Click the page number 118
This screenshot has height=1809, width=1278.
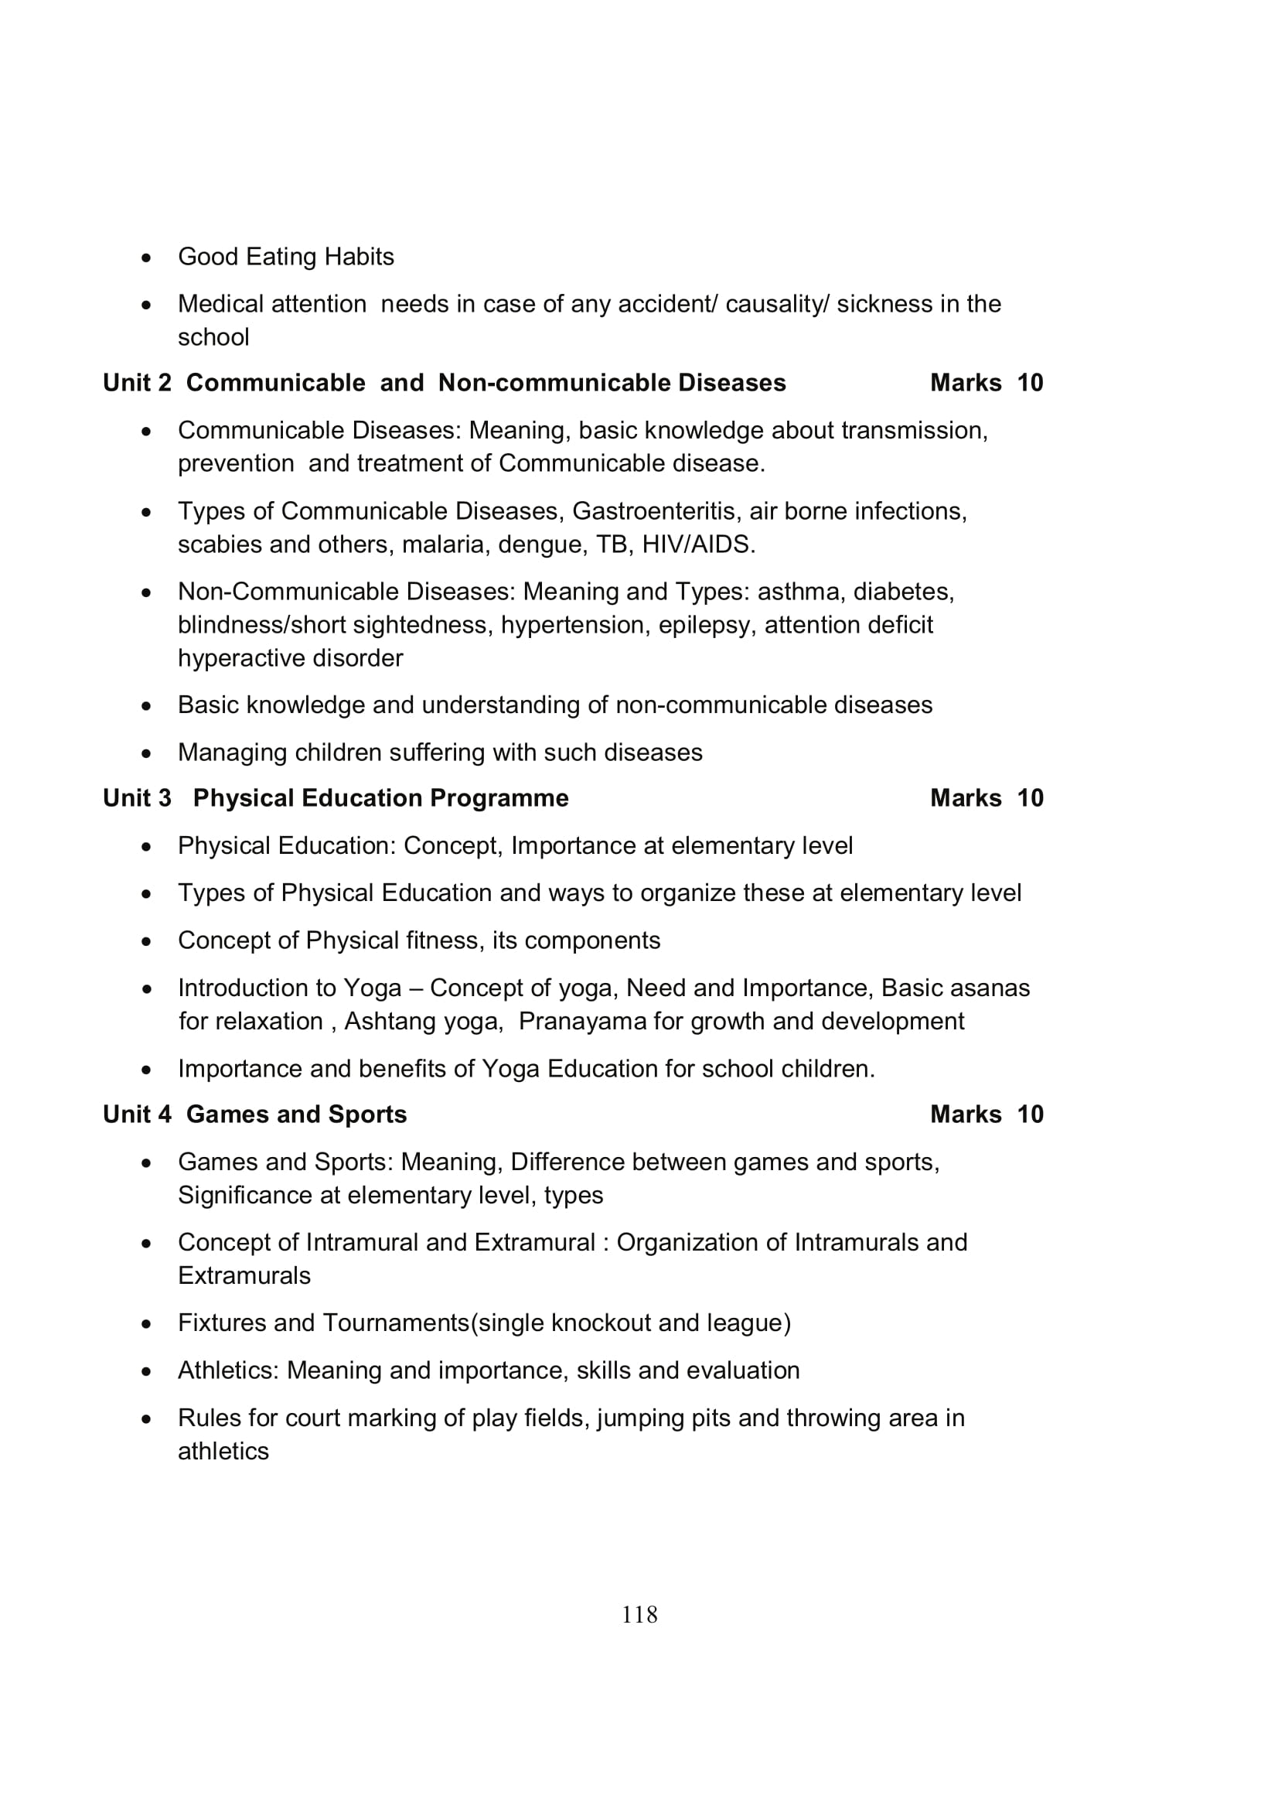coord(639,1614)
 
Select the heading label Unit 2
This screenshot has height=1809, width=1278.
coord(137,383)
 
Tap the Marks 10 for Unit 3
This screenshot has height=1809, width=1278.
coord(986,798)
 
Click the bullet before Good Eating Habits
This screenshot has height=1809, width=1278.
coord(146,258)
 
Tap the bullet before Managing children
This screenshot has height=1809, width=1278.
coord(146,753)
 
